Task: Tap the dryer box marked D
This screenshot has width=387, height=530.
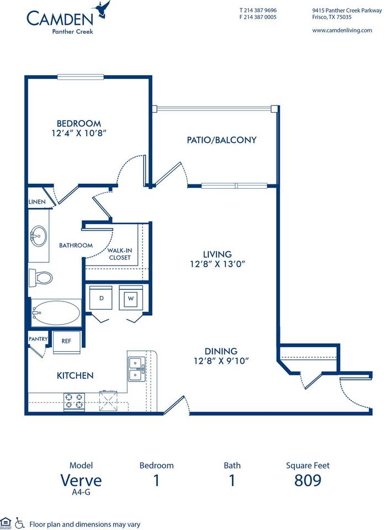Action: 101,299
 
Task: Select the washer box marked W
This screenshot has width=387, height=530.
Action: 131,299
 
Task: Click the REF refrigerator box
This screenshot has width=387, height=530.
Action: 66,341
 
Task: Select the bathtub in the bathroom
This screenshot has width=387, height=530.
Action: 55,312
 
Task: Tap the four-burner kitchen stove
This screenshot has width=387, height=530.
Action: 73,401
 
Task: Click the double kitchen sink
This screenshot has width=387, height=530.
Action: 136,368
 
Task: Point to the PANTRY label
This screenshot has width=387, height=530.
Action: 38,339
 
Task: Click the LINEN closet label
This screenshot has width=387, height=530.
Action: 37,202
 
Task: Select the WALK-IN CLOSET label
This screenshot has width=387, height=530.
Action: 119,254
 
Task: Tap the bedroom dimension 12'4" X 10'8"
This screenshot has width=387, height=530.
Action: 78,133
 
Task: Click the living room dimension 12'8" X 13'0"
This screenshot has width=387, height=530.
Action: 216,264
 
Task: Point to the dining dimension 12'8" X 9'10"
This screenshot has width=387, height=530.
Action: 221,361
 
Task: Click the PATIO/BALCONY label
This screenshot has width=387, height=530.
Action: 221,140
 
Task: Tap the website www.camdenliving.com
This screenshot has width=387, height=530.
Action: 342,30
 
